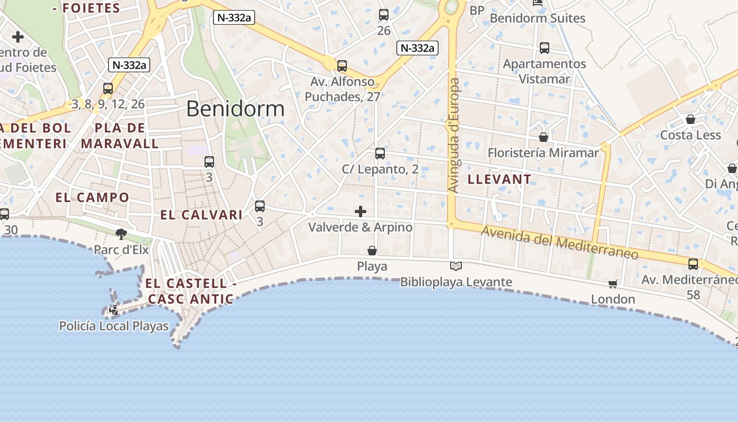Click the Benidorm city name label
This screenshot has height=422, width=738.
tap(235, 109)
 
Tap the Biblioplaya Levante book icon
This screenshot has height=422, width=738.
tap(456, 266)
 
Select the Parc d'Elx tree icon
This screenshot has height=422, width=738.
tap(121, 234)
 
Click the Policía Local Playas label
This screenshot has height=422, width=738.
tap(114, 326)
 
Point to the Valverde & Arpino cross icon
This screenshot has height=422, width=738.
tap(361, 212)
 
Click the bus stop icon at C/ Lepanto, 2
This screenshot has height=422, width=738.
tap(380, 154)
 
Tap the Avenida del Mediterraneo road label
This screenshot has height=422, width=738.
tap(560, 242)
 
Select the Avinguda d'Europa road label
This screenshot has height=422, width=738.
tap(453, 135)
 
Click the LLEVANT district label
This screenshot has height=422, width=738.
tap(499, 179)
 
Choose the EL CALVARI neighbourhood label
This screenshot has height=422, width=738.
tap(201, 215)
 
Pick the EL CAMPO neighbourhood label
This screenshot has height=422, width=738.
tap(92, 198)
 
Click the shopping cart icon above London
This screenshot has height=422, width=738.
tap(613, 284)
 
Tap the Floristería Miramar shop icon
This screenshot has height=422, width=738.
tap(543, 137)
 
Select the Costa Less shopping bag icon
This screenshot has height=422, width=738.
tap(691, 119)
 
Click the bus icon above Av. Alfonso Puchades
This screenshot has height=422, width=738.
tap(342, 66)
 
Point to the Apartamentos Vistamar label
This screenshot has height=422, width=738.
tap(545, 71)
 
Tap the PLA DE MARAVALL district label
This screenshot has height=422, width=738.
tap(120, 136)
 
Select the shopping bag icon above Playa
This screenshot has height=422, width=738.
tap(372, 251)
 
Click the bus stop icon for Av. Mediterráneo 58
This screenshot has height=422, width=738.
tap(693, 264)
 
